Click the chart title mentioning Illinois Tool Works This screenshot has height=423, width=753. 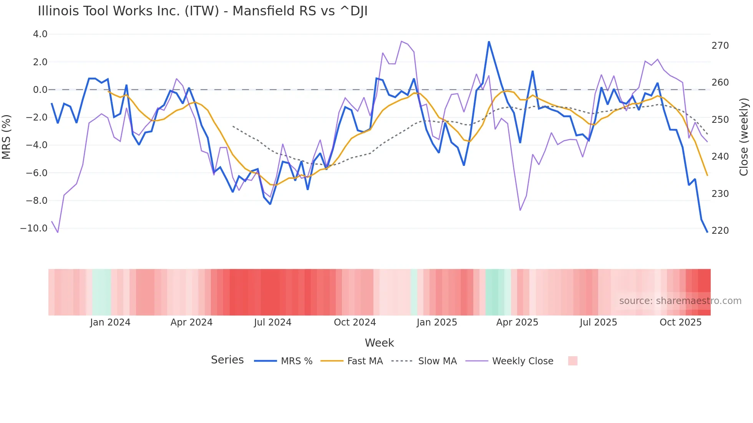tap(202, 11)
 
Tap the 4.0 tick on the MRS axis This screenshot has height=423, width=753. tap(40, 34)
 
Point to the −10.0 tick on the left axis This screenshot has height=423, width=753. tap(34, 228)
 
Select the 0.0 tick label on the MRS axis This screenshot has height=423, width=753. tap(40, 90)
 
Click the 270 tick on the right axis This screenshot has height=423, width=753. tap(720, 46)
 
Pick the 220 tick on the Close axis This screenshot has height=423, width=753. tap(720, 231)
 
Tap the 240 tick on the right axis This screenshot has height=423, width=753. tap(720, 157)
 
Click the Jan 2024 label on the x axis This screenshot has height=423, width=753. tap(110, 322)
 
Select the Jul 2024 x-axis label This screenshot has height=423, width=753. tap(272, 322)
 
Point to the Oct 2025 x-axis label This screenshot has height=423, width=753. tap(680, 322)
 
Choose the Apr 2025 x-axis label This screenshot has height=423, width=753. tap(517, 322)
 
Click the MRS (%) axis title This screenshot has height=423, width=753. tap(7, 137)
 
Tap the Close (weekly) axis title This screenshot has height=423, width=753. tap(744, 137)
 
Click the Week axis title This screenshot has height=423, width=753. tap(379, 343)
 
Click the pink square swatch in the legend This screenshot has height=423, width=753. tap(572, 361)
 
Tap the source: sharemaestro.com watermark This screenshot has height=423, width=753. tap(680, 301)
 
